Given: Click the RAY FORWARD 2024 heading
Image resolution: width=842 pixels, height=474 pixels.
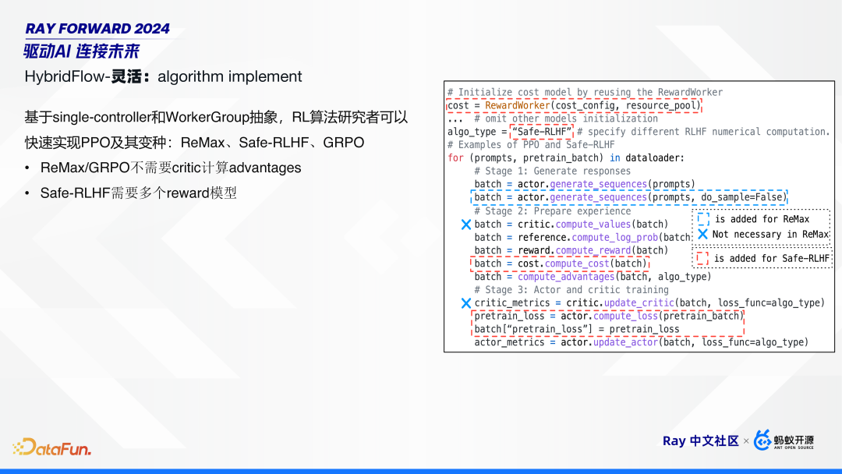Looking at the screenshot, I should [x=97, y=29].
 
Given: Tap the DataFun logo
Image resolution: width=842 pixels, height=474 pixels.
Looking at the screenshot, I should [x=51, y=447].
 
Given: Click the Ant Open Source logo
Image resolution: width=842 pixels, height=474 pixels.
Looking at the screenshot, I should [x=784, y=440].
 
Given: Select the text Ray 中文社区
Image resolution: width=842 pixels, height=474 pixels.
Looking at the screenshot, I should [x=700, y=441].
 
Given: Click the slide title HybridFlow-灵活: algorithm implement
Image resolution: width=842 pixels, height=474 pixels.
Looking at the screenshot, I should [x=163, y=76].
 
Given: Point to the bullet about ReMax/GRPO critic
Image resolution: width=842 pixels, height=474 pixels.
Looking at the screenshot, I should [x=170, y=168].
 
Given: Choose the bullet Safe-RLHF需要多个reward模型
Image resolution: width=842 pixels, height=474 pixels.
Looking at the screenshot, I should [x=138, y=192].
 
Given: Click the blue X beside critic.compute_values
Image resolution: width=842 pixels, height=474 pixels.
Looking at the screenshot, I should [x=466, y=225].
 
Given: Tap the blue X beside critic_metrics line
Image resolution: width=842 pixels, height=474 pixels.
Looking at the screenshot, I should [x=466, y=303].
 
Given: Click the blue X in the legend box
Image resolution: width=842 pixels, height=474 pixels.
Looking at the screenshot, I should [x=702, y=234].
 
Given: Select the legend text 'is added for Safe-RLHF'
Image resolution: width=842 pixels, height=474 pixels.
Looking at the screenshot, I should [x=771, y=258].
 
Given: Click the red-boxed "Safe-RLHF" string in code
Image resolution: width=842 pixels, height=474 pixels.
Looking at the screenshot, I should [x=542, y=131].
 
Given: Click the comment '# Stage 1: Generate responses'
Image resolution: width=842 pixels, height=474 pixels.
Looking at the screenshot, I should [x=552, y=171].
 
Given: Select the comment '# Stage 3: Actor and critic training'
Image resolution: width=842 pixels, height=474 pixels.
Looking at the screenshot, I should [x=571, y=289].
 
